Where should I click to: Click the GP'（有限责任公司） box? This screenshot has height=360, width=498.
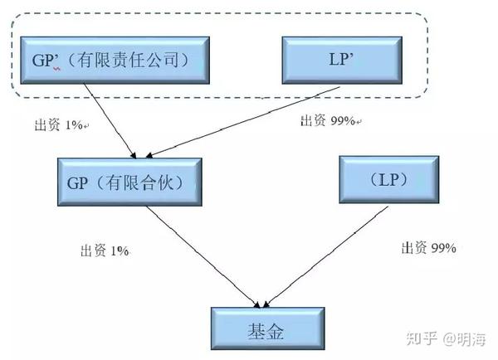[111, 60]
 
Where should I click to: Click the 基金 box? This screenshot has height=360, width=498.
[265, 331]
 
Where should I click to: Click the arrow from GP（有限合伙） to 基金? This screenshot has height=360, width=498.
[203, 255]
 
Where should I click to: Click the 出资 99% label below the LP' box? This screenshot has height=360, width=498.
[329, 121]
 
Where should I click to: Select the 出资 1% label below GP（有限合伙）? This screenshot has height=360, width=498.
[105, 250]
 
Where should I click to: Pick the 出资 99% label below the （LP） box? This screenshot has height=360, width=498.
[428, 248]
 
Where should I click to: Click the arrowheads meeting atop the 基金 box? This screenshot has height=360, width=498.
[265, 303]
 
